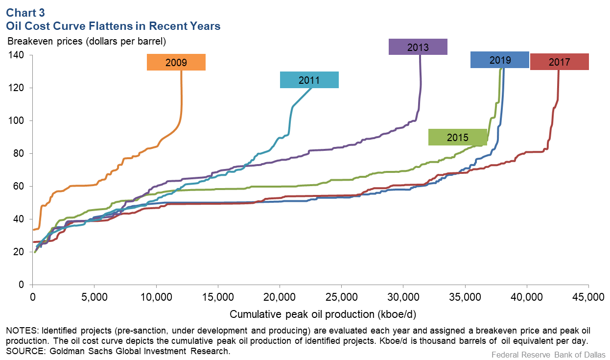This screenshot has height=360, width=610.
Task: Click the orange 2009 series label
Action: pyautogui.click(x=176, y=62)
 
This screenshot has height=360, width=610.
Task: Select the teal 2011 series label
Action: pyautogui.click(x=309, y=80)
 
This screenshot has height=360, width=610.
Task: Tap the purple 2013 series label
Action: pyautogui.click(x=418, y=47)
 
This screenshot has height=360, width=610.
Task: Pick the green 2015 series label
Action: pyautogui.click(x=457, y=137)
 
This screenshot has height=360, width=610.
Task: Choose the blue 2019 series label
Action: pyautogui.click(x=499, y=60)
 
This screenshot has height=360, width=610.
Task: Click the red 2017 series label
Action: pyautogui.click(x=559, y=62)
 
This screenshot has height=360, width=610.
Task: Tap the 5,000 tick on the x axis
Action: pyautogui.click(x=94, y=297)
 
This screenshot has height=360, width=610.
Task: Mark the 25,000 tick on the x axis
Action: pyautogui.click(x=341, y=297)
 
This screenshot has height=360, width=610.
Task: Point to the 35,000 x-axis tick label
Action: pyautogui.click(x=465, y=297)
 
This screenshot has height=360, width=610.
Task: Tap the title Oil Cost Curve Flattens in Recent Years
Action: pyautogui.click(x=113, y=26)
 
